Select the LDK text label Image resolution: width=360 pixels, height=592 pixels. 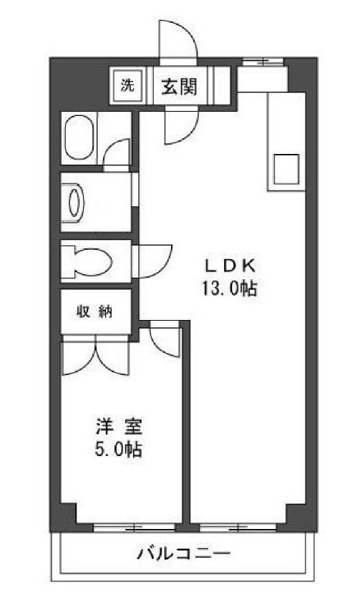point(230,266)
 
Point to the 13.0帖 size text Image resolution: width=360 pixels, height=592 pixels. point(230,288)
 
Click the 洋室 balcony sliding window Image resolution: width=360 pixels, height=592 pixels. point(135,528)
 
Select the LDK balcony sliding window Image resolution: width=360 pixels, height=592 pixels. point(239,528)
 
